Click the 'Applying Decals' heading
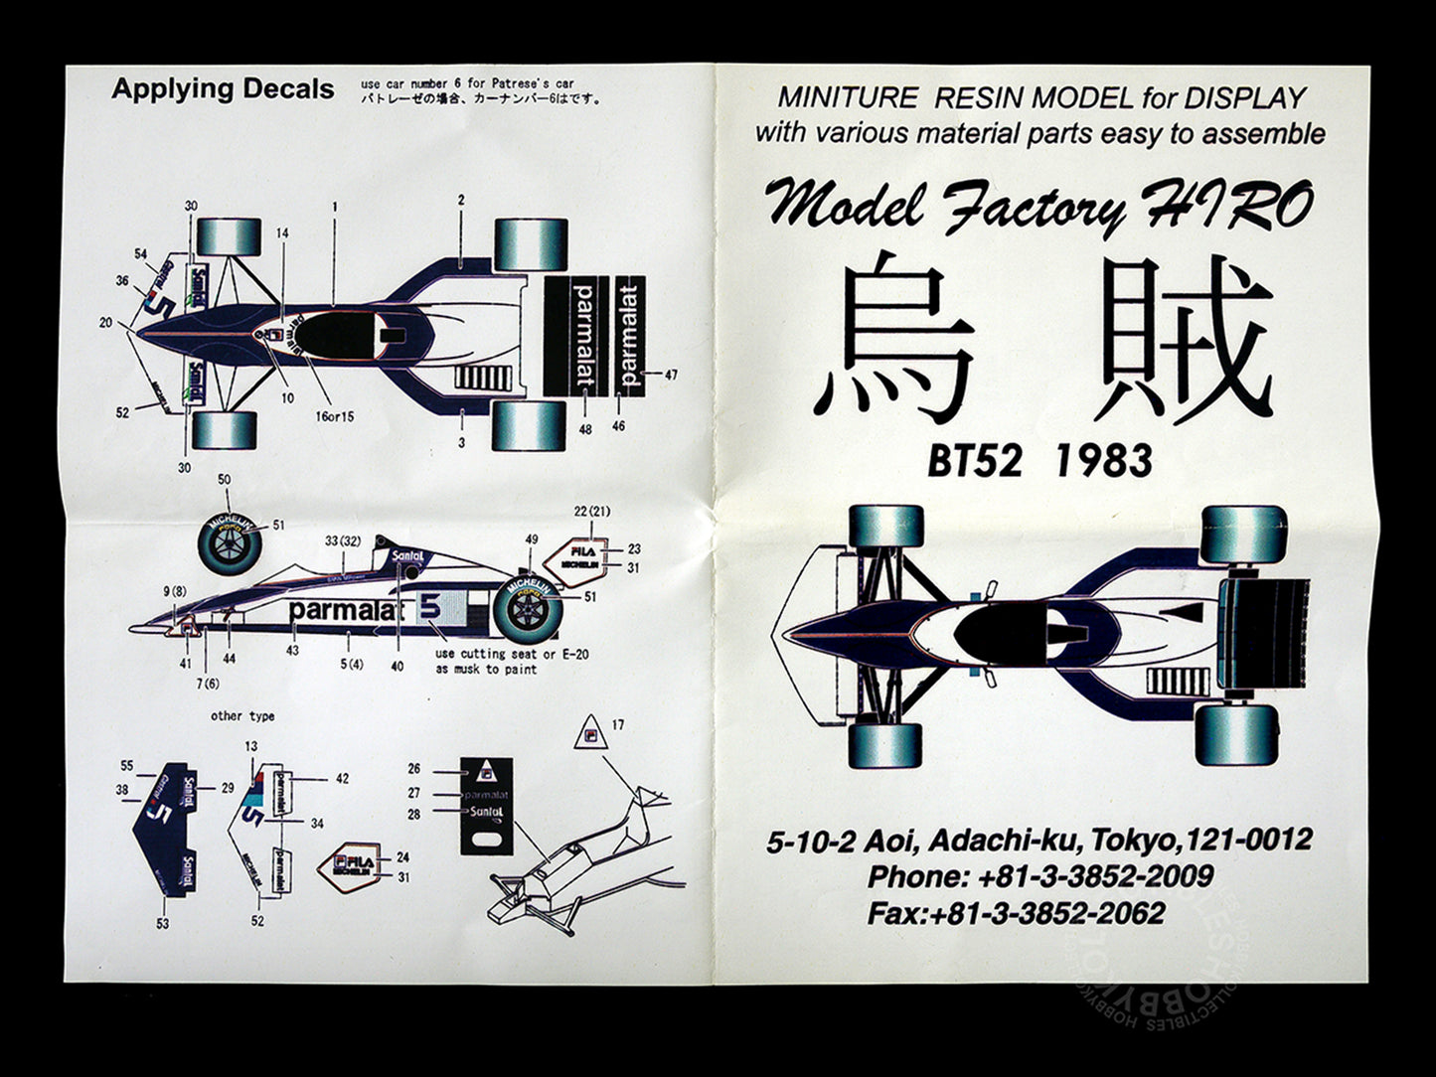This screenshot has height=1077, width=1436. (x=223, y=89)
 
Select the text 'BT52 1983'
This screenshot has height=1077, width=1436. (x=1040, y=461)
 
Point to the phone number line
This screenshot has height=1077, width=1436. (x=1040, y=876)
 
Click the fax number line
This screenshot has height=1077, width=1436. (x=1016, y=913)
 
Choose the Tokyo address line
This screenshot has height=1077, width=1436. (x=1039, y=841)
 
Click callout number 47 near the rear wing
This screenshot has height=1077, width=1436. (x=671, y=376)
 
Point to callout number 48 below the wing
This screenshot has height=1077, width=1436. (x=585, y=429)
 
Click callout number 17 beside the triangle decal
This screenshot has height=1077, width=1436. (x=618, y=725)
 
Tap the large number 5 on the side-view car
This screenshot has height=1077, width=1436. (x=430, y=605)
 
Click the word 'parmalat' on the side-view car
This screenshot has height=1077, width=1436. (x=345, y=610)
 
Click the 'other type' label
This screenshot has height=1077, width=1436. (x=242, y=715)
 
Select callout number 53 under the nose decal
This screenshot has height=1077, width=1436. (x=163, y=923)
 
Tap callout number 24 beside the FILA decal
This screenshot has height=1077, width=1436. (x=402, y=856)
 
